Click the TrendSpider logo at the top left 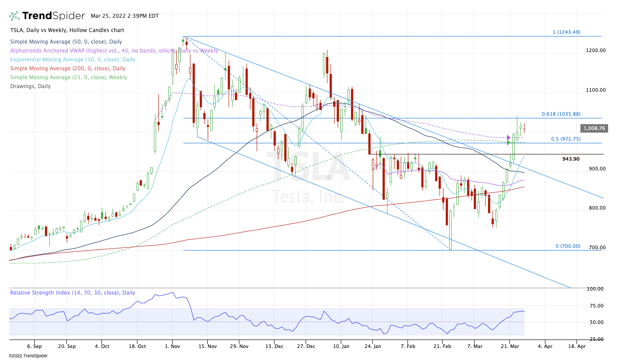pyautogui.click(x=47, y=16)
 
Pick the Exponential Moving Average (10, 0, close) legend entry pyautogui.click(x=73, y=60)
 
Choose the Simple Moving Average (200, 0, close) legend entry pyautogui.click(x=68, y=69)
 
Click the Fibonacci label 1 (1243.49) pyautogui.click(x=566, y=32)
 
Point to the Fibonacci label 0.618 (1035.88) pyautogui.click(x=561, y=114)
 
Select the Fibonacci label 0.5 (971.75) pyautogui.click(x=566, y=139)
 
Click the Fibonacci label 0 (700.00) pyautogui.click(x=568, y=246)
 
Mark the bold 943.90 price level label pyautogui.click(x=571, y=159)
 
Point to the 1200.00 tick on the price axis pyautogui.click(x=596, y=50)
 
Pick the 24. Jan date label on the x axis pyautogui.click(x=375, y=345)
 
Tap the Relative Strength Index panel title pyautogui.click(x=73, y=293)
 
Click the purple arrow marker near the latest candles pyautogui.click(x=508, y=138)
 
